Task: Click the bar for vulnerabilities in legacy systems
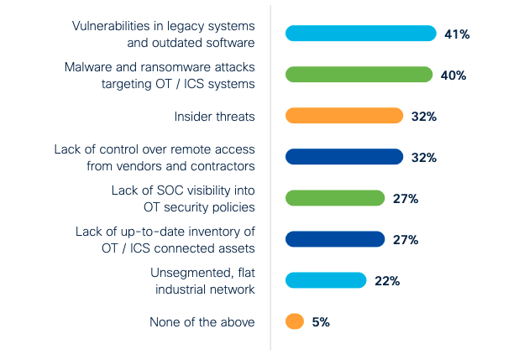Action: pos(360,34)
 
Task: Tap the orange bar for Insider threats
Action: pos(344,116)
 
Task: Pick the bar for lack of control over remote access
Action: pos(344,157)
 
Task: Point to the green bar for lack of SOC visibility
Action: pos(334,198)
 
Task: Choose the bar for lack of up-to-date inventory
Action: pos(334,239)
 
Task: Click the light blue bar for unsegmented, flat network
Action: pos(326,280)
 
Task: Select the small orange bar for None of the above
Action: pos(294,321)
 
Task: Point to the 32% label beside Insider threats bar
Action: pos(423,117)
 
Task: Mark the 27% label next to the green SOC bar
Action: pos(405,199)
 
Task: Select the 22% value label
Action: pos(386,281)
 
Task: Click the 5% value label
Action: pos(319,322)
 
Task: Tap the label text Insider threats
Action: pos(214,117)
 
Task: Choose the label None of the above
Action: pos(202,322)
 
